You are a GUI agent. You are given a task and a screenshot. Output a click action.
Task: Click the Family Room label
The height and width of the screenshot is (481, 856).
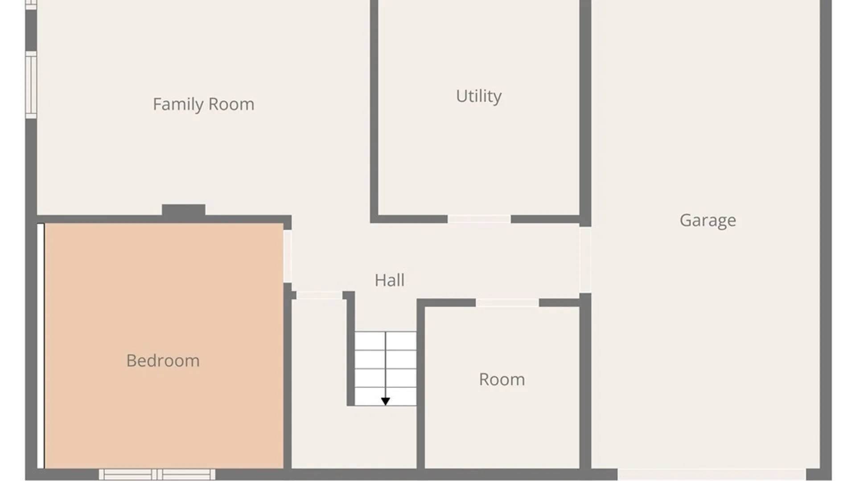203,104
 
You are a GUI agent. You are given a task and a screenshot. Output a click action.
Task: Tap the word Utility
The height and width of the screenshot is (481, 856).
479,96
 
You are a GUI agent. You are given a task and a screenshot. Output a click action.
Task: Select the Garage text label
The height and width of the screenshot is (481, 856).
708,220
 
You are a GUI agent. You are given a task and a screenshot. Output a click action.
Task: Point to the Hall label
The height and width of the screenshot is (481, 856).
390,280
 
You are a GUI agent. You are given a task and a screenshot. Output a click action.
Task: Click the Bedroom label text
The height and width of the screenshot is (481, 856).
163,361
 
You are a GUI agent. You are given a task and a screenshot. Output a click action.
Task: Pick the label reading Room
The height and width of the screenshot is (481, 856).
502,379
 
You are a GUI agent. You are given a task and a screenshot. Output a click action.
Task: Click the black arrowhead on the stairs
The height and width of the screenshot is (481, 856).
386,401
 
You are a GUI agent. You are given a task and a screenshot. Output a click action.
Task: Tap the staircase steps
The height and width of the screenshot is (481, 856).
386,368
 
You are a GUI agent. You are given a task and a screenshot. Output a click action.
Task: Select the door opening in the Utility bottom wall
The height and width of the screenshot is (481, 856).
479,219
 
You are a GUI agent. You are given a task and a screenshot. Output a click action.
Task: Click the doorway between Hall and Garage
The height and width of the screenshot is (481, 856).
585,260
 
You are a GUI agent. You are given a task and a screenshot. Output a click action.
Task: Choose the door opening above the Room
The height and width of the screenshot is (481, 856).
507,303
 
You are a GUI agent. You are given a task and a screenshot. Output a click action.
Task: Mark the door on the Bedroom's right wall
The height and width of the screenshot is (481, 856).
288,256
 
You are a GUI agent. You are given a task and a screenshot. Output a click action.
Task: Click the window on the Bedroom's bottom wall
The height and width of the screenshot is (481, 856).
157,474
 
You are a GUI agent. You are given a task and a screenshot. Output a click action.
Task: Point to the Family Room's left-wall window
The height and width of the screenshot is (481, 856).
31,85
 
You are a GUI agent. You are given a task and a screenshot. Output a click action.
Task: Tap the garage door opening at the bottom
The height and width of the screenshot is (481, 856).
712,474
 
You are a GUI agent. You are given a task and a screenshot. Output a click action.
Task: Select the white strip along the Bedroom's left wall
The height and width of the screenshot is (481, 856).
41,346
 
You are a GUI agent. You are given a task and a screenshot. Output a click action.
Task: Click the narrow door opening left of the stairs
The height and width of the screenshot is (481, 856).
319,295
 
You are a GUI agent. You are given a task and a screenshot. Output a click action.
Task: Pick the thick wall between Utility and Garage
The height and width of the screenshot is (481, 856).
585,114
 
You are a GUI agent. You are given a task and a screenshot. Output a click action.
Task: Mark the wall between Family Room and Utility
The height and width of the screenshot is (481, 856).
374,111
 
